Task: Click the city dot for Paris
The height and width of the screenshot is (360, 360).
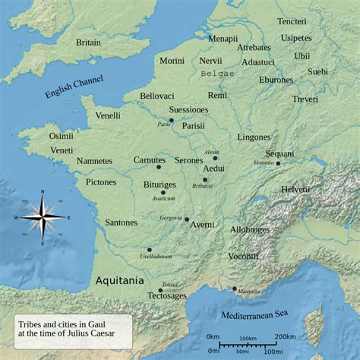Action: [x=172, y=120]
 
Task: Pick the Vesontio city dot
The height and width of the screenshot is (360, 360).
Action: [x=279, y=163]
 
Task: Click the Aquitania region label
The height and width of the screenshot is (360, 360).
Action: [x=118, y=280]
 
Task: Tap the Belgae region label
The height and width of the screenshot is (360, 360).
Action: [x=218, y=74]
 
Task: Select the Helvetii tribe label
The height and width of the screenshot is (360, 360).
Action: [x=295, y=188]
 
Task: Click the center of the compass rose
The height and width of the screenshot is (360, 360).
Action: [x=43, y=217]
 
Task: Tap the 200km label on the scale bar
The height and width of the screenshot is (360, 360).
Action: [x=286, y=336]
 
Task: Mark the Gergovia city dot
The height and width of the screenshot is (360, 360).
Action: [x=186, y=219]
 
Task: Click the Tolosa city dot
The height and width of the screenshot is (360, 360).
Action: [x=160, y=290]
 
